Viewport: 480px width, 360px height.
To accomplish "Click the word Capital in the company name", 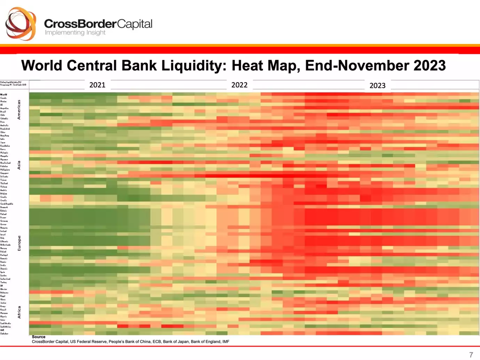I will coord(135,24).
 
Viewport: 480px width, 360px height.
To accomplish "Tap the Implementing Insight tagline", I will coord(75,32).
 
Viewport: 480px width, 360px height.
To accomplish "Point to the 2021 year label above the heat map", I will coord(97,85).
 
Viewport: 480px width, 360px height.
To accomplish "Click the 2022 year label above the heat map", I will coord(239,85).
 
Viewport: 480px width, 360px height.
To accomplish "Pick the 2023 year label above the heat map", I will coord(377,85).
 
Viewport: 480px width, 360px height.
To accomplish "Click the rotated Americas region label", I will coord(19,110).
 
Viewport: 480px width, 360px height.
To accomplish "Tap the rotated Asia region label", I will coord(19,165).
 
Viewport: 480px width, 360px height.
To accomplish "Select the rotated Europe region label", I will coord(19,243).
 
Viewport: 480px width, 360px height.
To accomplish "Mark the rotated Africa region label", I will coord(19,312).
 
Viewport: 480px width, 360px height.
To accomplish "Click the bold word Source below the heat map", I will coord(39,337).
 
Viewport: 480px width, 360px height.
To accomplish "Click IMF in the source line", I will coord(225,342).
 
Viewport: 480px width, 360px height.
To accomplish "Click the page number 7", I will coord(471,355).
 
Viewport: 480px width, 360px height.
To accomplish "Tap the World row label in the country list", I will coord(3,94).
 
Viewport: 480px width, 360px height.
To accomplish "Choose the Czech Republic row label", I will coord(7,204).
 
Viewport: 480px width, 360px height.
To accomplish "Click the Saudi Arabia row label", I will coord(6,323).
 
